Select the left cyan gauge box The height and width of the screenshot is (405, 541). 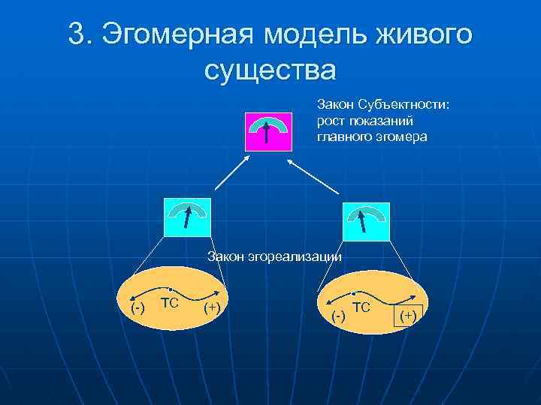[x=187, y=217]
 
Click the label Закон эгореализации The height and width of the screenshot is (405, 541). [x=274, y=257]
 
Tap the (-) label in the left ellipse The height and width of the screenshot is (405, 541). [x=138, y=307]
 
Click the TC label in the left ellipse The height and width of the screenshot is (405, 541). [x=169, y=303]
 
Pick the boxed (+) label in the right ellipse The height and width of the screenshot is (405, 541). [x=408, y=316]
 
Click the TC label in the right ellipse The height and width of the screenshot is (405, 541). [x=361, y=307]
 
